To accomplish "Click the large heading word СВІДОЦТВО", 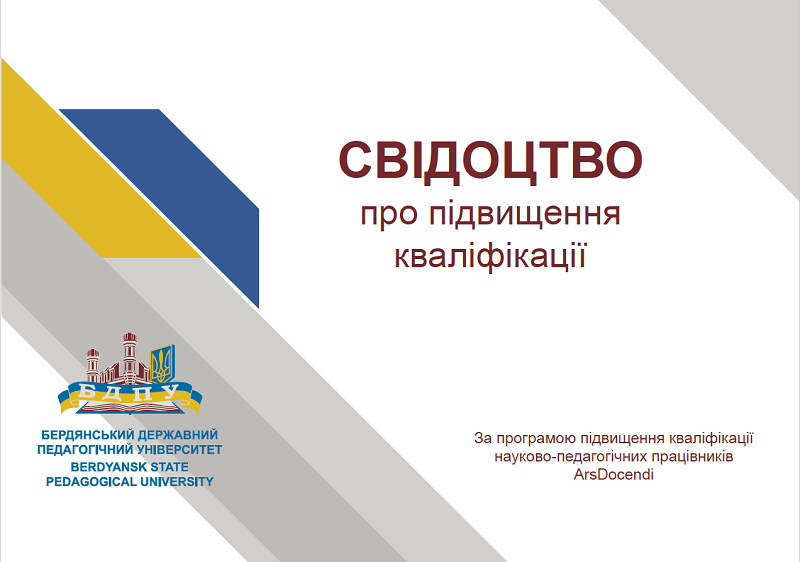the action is tap(490, 161).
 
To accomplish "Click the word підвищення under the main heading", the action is tap(524, 215).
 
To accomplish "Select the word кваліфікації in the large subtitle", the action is tap(490, 256).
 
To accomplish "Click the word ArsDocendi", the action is tap(613, 475).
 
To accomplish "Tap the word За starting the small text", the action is tap(483, 438).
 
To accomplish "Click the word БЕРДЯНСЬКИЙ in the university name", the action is tap(87, 435).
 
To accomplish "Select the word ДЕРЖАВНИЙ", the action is tap(178, 435).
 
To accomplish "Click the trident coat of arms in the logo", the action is tap(163, 364).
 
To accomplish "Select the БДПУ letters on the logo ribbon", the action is tap(130, 394).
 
